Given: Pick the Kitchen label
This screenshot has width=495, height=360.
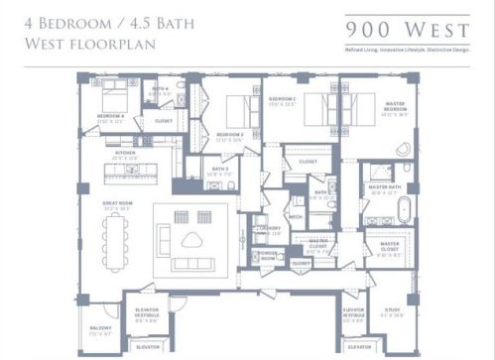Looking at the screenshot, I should (125, 153).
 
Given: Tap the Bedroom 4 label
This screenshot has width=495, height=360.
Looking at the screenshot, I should (109, 116).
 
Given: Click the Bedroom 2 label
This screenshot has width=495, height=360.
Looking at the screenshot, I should (282, 100).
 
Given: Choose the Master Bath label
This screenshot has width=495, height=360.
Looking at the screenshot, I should (385, 185).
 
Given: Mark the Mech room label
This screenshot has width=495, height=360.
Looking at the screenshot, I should (295, 215).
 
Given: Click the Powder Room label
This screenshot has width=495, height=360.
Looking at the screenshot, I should (266, 254).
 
